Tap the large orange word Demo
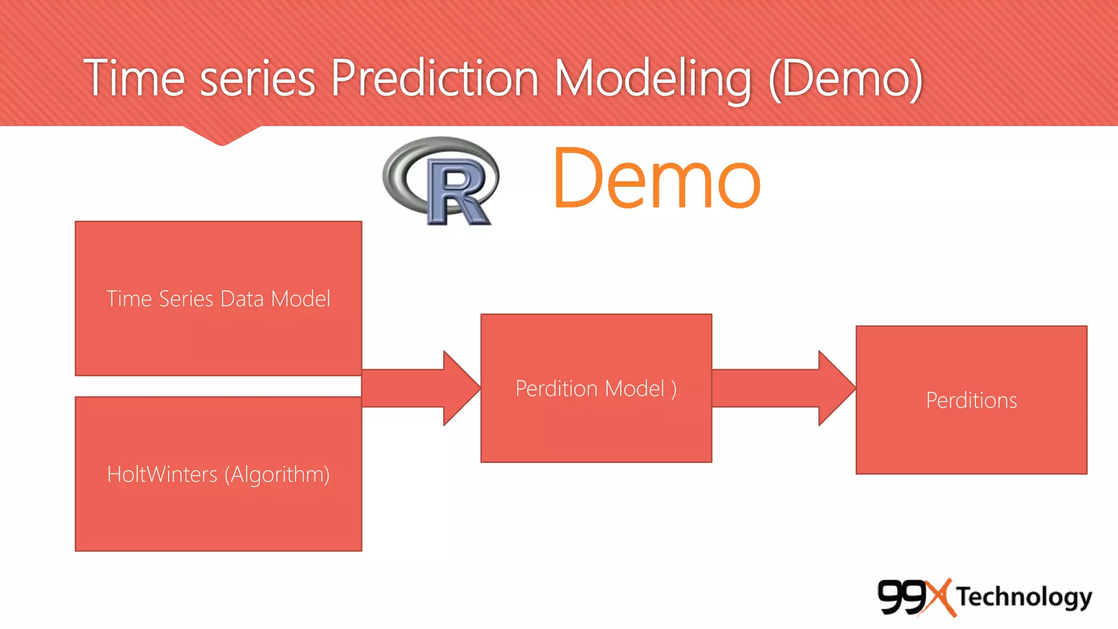(657, 179)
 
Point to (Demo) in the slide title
(846, 80)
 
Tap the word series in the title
(258, 80)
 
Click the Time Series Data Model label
(218, 299)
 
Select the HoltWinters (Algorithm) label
(218, 474)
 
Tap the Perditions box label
(971, 401)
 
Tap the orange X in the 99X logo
(939, 597)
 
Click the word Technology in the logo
(1024, 597)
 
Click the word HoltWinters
(162, 474)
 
